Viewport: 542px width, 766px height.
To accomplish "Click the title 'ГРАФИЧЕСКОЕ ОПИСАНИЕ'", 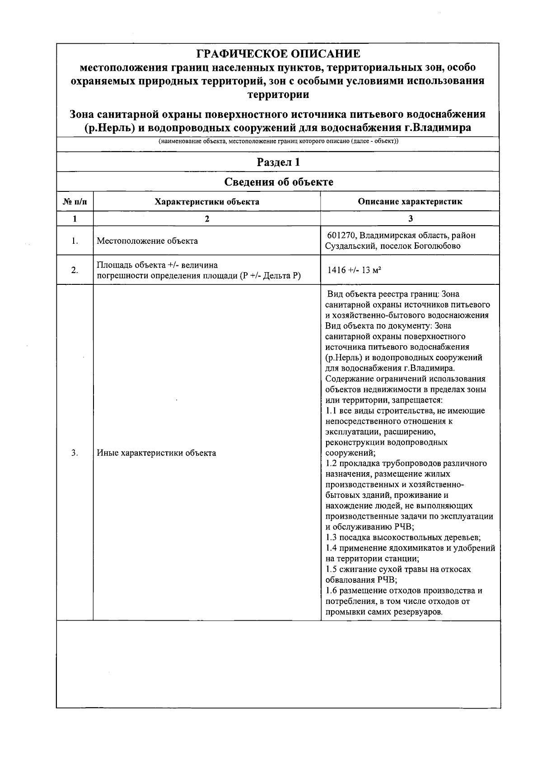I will pos(278,54).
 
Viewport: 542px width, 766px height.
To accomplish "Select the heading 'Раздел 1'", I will pos(278,162).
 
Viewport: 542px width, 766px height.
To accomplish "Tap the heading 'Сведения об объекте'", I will pos(278,182).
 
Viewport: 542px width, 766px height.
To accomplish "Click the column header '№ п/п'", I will pos(75,202).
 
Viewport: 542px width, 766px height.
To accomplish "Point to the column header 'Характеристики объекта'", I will pos(207,202).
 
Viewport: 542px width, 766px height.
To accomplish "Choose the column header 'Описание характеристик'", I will pos(410,202).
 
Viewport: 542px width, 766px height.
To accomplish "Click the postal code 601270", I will pos(342,236).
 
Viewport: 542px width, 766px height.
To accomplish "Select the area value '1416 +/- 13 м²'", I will pos(355,270).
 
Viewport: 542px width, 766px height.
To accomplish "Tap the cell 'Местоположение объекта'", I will pos(147,241).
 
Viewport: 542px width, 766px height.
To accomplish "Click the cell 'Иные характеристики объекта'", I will pos(156,453).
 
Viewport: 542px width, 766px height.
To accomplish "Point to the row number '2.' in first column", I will pos(75,270).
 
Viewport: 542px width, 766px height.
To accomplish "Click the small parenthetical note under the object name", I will pos(278,141).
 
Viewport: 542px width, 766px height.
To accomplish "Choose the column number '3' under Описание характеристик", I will pos(410,219).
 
